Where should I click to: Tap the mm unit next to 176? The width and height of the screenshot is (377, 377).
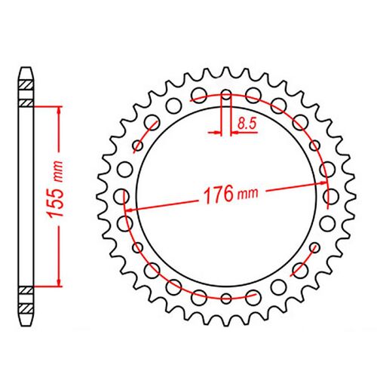[x=247, y=195]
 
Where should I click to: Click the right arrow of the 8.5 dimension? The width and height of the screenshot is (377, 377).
[x=234, y=131]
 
